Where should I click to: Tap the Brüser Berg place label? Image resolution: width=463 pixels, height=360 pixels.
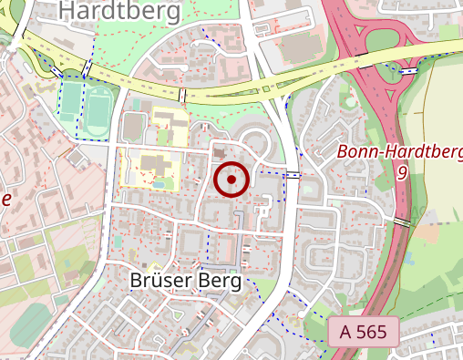tap(186, 281)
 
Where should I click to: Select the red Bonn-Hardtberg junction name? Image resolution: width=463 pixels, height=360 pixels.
tap(399, 151)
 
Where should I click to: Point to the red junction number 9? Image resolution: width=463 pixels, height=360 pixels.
tap(402, 171)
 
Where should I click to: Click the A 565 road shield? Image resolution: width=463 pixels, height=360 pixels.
tap(363, 333)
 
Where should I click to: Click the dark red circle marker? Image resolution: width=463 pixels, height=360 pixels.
tap(231, 180)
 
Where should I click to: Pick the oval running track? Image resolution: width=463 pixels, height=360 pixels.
tap(98, 108)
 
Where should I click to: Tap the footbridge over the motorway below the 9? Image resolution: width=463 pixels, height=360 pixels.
tap(402, 221)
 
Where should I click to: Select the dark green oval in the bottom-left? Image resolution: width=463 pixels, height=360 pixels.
tap(32, 324)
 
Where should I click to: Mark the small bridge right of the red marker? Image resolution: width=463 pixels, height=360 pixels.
tap(293, 174)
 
